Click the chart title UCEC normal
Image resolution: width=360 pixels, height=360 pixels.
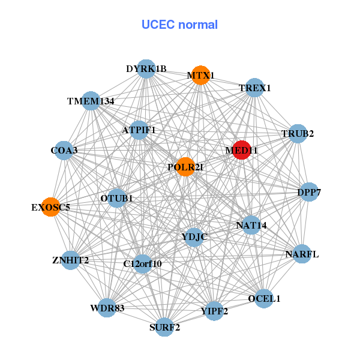coord(179,25)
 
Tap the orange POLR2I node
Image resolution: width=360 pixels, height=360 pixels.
coord(185,167)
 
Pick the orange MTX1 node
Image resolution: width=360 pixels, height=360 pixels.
coord(200,76)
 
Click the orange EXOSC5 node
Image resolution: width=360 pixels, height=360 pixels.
coord(51,208)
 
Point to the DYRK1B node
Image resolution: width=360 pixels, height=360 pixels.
coord(146,69)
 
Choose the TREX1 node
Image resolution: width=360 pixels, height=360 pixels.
coord(255,88)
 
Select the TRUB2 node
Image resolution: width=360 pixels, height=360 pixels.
coord(298,133)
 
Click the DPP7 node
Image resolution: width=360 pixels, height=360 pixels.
coord(309,193)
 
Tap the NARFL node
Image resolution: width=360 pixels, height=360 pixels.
coord(302,254)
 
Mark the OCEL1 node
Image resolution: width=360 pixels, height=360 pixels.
coord(264,298)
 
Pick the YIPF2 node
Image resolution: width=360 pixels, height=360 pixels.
coord(214,311)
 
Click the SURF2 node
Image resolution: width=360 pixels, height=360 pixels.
coord(164,327)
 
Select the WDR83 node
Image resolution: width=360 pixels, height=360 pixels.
coord(107,308)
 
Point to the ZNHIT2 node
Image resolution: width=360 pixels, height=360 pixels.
coord(70,260)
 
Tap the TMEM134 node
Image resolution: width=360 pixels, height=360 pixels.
coord(91,101)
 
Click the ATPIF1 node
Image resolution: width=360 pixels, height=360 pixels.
coord(139,130)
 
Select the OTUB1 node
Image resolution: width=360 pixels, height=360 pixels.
coord(117,198)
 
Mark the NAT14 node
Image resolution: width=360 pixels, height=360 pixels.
coord(251,226)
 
